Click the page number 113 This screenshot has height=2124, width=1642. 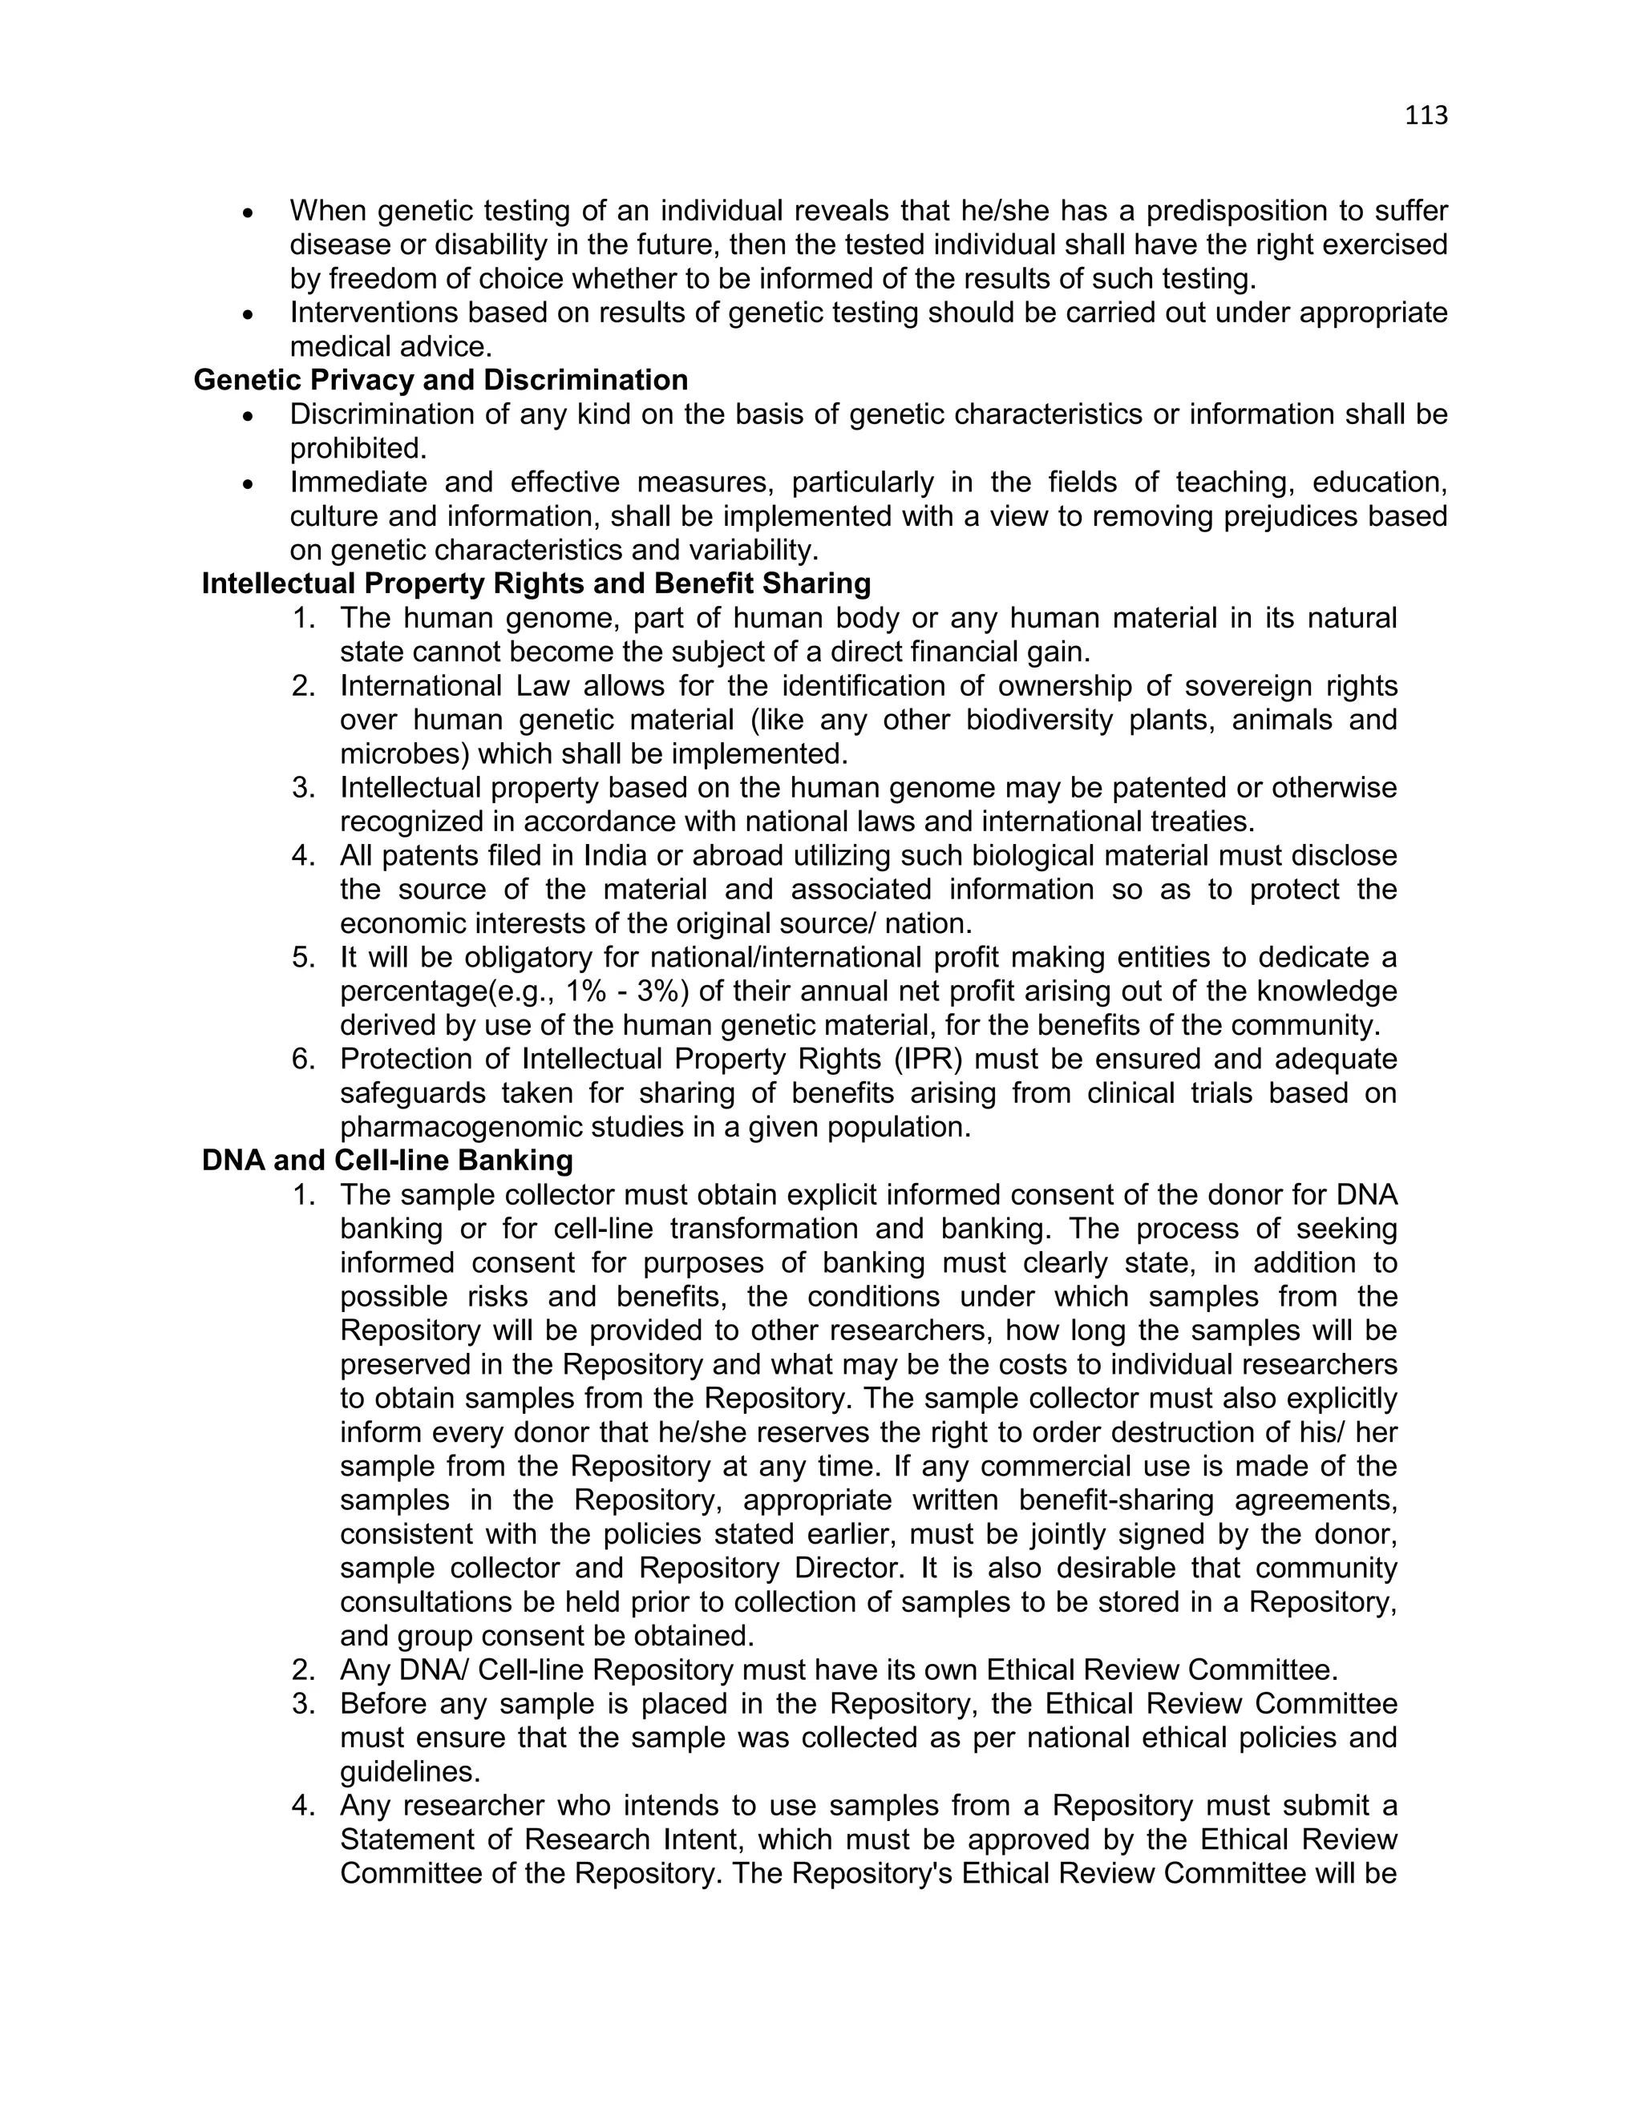click(1426, 115)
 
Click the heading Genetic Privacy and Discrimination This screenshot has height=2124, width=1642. click(441, 380)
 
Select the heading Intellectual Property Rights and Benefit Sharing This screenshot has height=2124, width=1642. click(536, 583)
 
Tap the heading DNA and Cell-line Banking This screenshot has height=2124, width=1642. click(387, 1161)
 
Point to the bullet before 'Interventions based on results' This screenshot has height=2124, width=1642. click(249, 315)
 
